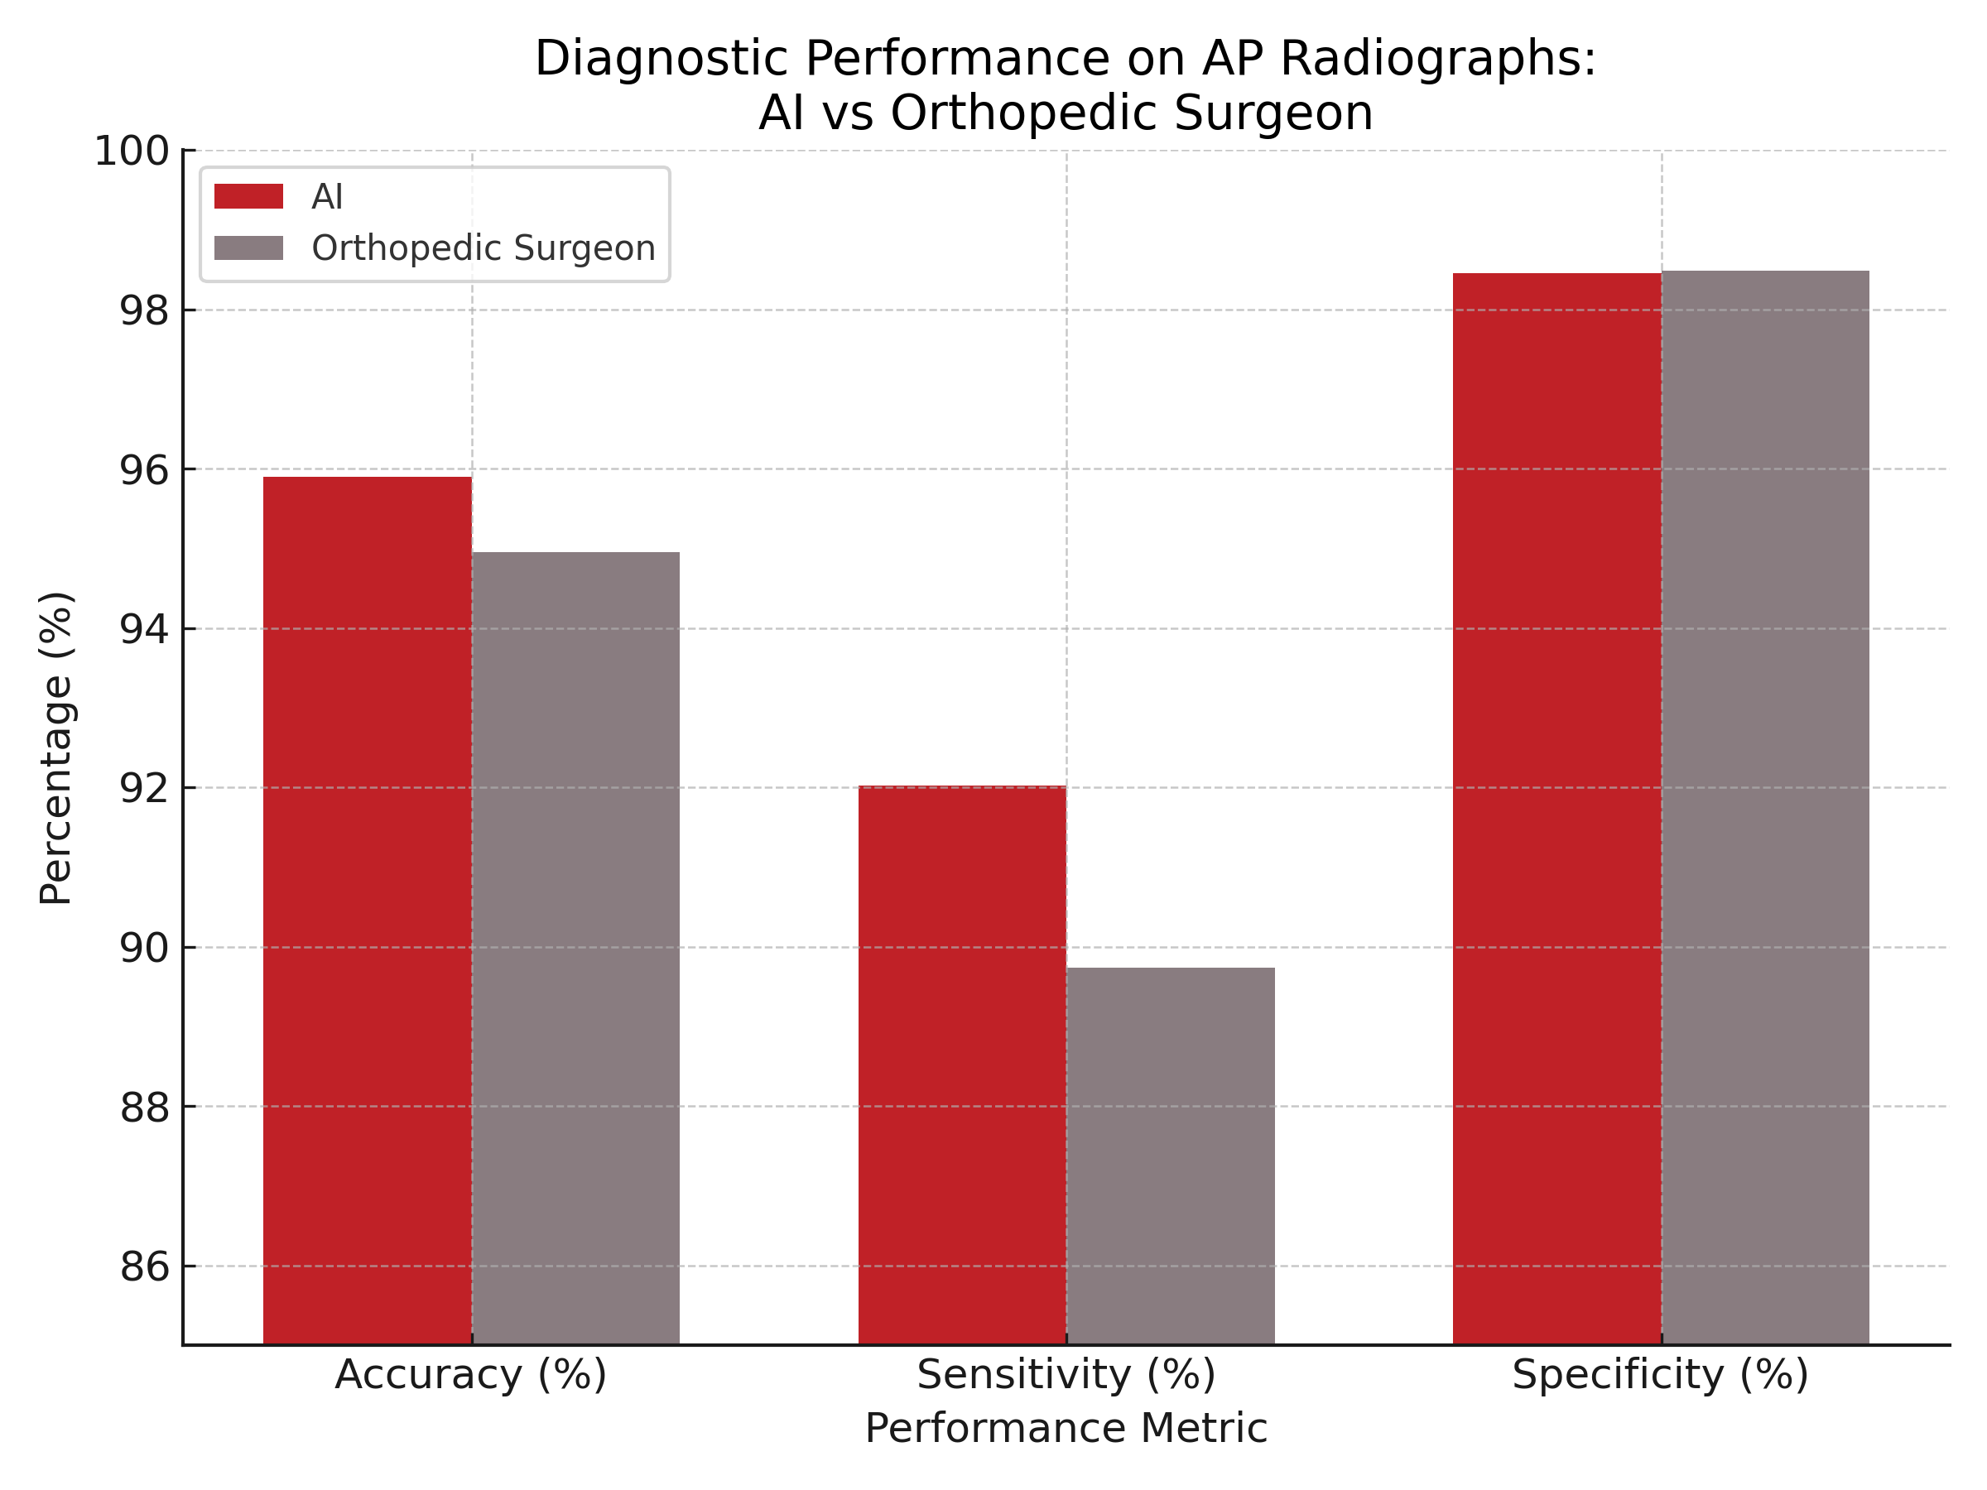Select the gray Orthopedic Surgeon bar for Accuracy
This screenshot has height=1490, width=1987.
click(x=575, y=948)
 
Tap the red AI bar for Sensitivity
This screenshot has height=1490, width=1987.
click(x=962, y=1065)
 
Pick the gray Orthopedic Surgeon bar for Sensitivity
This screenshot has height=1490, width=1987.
click(x=1171, y=1155)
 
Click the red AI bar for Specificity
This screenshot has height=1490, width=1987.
click(x=1556, y=808)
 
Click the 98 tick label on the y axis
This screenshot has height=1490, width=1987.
click(x=144, y=310)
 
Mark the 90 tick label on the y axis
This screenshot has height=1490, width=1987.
click(x=144, y=949)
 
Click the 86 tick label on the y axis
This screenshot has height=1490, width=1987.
click(x=144, y=1267)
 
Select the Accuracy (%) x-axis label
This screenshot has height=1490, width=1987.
click(x=472, y=1375)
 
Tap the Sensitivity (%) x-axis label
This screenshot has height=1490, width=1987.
click(x=1066, y=1375)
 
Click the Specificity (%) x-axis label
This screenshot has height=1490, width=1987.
click(x=1660, y=1375)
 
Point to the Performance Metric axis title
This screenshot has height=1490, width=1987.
click(x=1066, y=1429)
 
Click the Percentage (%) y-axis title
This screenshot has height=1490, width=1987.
click(x=55, y=747)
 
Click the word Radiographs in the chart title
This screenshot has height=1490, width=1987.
click(x=1437, y=60)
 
